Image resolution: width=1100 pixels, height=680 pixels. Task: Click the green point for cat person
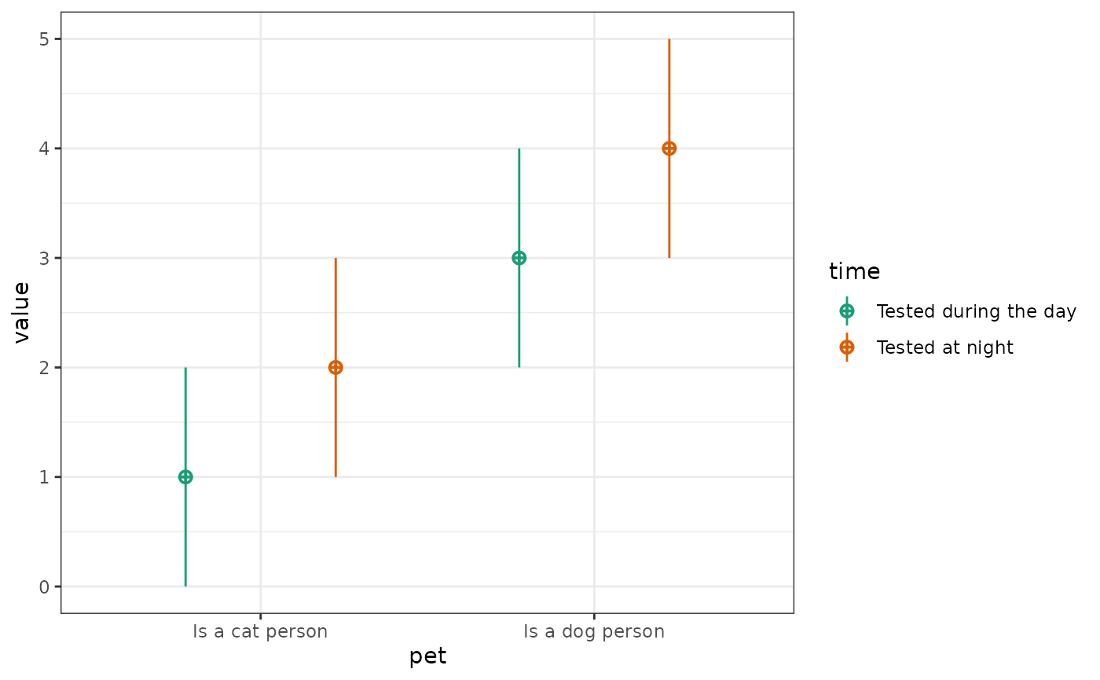click(x=185, y=476)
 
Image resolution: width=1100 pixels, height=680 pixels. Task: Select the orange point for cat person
click(x=335, y=367)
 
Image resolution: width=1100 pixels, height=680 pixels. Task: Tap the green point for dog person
click(x=519, y=258)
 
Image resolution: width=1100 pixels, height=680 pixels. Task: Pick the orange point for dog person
click(x=669, y=149)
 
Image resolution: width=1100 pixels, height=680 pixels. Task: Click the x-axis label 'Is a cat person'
click(x=260, y=631)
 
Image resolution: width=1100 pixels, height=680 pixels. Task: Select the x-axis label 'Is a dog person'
click(x=594, y=631)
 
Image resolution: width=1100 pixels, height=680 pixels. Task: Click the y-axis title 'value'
click(x=22, y=312)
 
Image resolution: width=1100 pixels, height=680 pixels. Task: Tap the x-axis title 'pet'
click(x=427, y=657)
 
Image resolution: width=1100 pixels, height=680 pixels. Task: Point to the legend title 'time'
click(x=854, y=272)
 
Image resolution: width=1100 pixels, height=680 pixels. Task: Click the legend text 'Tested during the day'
click(x=976, y=311)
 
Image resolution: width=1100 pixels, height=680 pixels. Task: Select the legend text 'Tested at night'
click(x=944, y=347)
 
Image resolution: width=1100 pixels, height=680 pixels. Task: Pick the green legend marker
click(x=847, y=311)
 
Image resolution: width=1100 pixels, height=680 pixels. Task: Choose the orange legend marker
click(x=847, y=347)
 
